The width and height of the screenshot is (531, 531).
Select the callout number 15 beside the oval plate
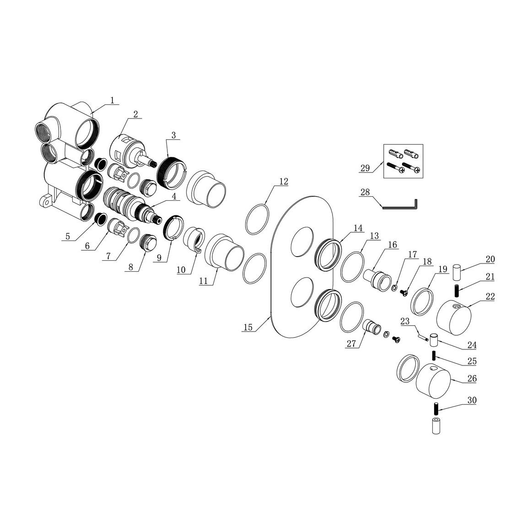coord(248,327)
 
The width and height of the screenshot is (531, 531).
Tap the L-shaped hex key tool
coord(400,206)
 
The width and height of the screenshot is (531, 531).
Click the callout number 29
coord(365,168)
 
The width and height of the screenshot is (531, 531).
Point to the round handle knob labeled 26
coord(433,381)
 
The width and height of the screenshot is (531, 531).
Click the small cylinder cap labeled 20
coord(457,273)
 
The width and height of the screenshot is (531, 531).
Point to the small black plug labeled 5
coord(100,219)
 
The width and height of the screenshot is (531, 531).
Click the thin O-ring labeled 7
coord(134,236)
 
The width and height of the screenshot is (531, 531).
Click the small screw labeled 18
coord(403,292)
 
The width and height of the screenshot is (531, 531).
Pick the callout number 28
coord(365,193)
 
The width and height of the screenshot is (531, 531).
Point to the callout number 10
coord(181,270)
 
